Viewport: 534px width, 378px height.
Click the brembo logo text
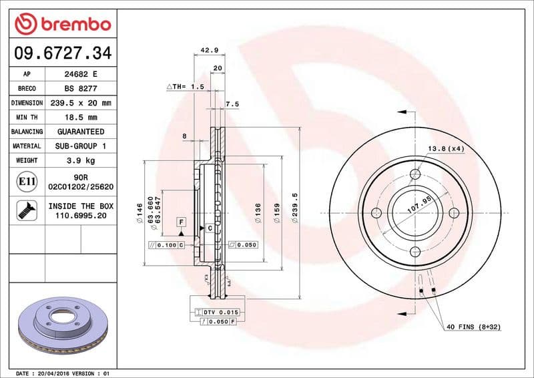pos(73,24)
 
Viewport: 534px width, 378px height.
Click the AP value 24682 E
pos(79,75)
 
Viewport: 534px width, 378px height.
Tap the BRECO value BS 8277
pos(79,89)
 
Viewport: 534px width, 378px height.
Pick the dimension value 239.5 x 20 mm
pos(79,104)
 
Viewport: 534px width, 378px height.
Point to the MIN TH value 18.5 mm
pos(79,118)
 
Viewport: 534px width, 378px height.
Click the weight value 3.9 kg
pos(79,160)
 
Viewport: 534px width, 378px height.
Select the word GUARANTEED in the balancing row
pos(79,132)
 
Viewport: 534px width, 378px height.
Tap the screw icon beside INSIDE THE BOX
pos(25,211)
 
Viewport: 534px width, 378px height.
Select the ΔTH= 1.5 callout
pos(185,87)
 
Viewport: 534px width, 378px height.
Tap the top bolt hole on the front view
pos(415,174)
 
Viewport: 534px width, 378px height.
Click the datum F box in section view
pos(180,220)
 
